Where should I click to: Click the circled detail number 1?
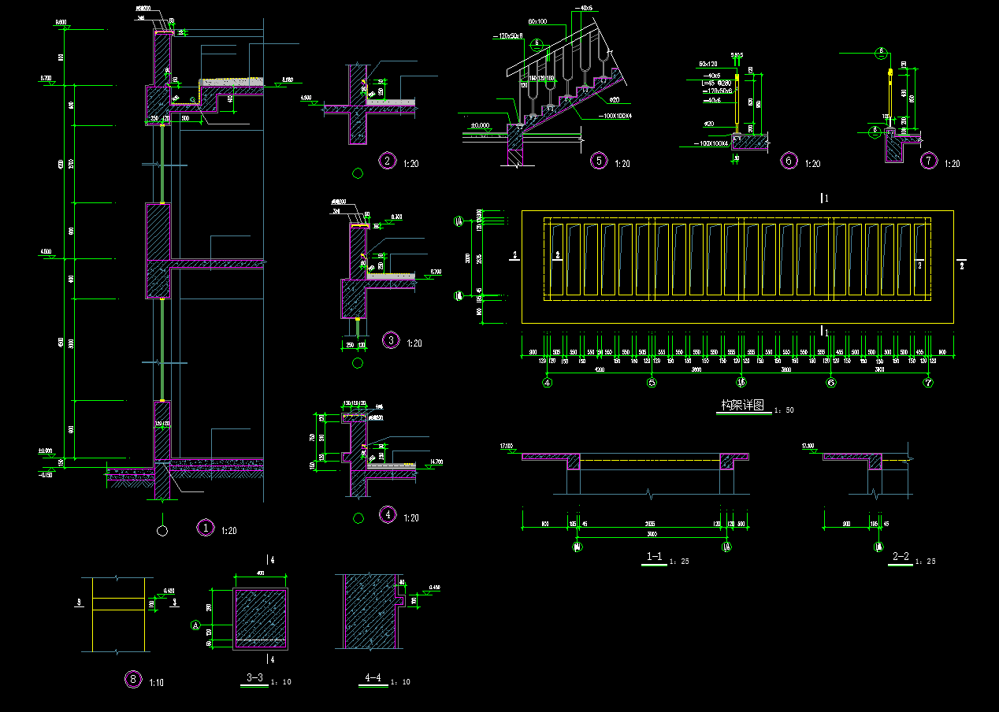click(x=205, y=528)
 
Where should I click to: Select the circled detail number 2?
click(x=387, y=161)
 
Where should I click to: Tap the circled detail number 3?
click(x=390, y=340)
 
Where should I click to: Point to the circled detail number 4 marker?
click(x=388, y=515)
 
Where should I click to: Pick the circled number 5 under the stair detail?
click(x=600, y=161)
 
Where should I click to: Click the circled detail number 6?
click(x=789, y=161)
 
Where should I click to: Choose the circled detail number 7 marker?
click(x=929, y=161)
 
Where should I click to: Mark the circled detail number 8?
click(x=133, y=679)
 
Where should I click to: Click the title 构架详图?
click(x=742, y=406)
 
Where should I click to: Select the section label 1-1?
click(x=654, y=557)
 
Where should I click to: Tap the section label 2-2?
click(x=901, y=557)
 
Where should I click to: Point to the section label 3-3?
click(x=254, y=677)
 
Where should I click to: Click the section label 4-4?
click(x=373, y=677)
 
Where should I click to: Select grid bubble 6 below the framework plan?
click(x=830, y=383)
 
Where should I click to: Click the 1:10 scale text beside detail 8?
click(x=157, y=682)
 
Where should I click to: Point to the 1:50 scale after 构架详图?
click(x=784, y=410)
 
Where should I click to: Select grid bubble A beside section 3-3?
click(x=195, y=625)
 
